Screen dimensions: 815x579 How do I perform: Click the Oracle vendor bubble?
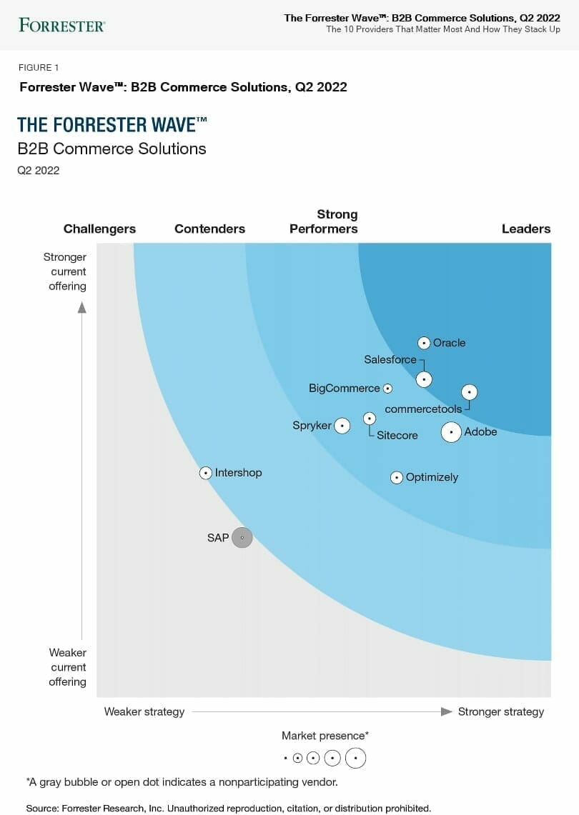(424, 343)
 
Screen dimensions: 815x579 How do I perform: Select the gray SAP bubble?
(242, 537)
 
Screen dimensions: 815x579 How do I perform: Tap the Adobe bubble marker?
(451, 432)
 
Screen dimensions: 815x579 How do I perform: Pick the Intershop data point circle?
(206, 473)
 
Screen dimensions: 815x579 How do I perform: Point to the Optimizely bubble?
(397, 478)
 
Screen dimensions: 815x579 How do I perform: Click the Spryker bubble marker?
(342, 426)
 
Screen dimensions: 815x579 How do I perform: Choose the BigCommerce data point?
(387, 389)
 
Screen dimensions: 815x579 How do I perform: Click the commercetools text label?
(423, 409)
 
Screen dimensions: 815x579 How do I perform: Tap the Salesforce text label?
(390, 359)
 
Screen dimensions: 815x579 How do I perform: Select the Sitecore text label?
(397, 435)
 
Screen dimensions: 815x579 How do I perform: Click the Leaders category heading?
(526, 229)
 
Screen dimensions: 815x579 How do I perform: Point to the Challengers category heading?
(99, 229)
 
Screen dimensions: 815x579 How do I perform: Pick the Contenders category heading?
(209, 229)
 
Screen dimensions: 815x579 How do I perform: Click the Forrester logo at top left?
(62, 26)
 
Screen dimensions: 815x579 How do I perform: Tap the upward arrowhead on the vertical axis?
(82, 307)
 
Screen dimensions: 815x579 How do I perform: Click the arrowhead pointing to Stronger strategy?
(447, 711)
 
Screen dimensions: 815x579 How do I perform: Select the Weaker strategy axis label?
(144, 711)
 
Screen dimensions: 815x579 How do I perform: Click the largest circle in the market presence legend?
(355, 758)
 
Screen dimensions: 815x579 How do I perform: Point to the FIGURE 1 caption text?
(39, 68)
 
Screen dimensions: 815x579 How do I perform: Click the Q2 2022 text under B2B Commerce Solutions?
(39, 171)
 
